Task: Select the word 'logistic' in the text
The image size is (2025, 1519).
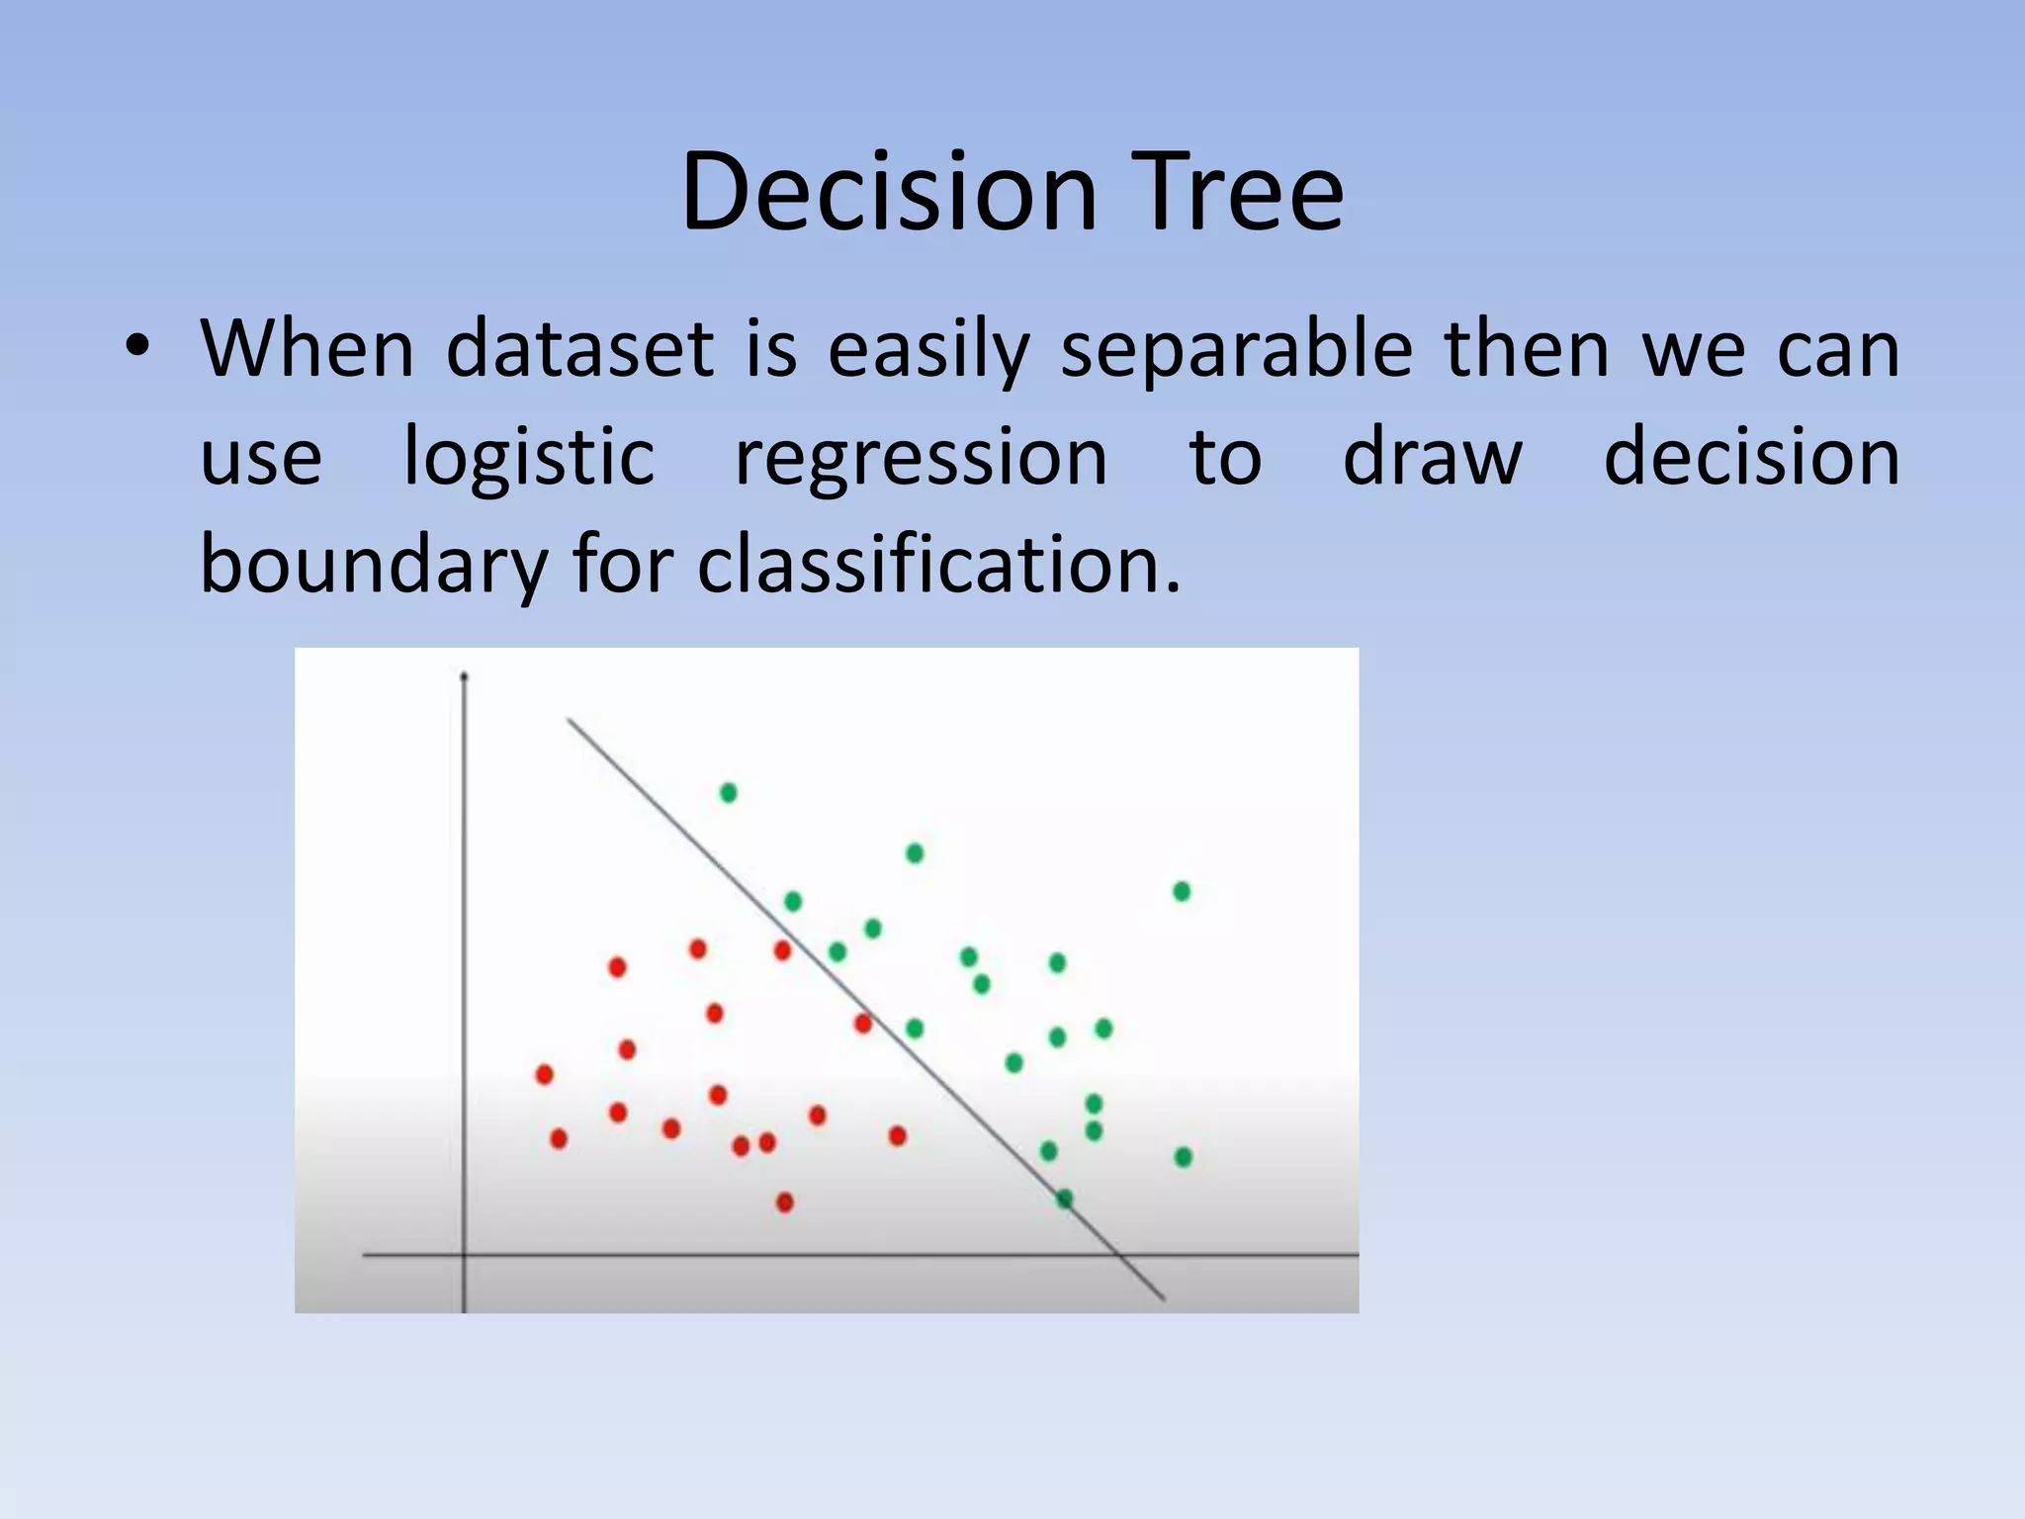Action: pos(529,457)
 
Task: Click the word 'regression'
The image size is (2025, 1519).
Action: pos(921,457)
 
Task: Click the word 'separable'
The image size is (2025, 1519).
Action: pos(1236,349)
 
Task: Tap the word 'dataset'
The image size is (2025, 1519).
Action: pos(579,349)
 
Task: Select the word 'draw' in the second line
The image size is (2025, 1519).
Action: pos(1432,457)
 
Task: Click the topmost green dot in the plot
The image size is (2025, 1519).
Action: pos(729,792)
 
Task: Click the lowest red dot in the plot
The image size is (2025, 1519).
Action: pos(785,1203)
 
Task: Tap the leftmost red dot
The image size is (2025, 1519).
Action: pos(544,1074)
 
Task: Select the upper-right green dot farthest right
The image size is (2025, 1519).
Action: pos(1182,891)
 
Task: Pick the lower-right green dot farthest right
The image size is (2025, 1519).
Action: pos(1184,1156)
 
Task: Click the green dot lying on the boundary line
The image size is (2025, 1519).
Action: pos(1064,1199)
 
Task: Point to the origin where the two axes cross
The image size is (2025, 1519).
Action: pos(464,1255)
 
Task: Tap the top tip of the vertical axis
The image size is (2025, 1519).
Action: pos(464,677)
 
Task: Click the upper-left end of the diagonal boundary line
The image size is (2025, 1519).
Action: pos(570,721)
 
